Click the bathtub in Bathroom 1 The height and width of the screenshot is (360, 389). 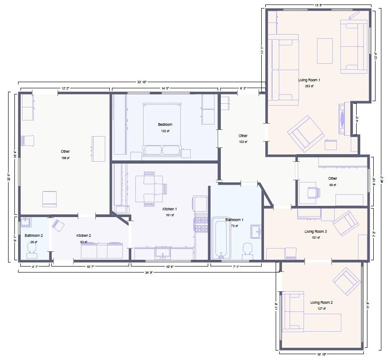[221, 239]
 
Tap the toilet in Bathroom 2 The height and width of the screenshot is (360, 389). [32, 254]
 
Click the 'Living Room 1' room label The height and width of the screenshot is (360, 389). [309, 80]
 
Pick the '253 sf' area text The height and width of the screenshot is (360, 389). [309, 86]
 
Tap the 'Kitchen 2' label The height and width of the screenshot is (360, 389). [84, 236]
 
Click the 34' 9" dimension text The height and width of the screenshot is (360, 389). [148, 272]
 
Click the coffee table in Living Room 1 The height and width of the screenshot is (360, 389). [325, 51]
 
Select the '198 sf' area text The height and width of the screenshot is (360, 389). [65, 158]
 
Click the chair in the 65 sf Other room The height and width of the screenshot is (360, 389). [314, 192]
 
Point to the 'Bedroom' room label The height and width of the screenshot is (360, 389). [165, 124]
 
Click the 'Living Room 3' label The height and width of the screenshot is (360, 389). [315, 231]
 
